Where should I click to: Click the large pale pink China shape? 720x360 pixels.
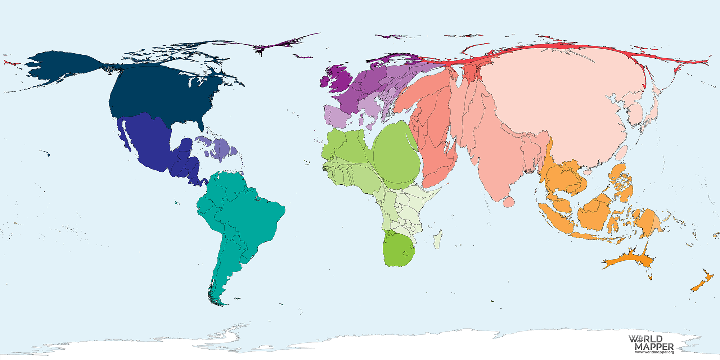562,101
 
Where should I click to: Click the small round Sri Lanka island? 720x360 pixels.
509,202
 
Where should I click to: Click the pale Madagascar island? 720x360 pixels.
438,239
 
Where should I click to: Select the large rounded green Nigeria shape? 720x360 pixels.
396,155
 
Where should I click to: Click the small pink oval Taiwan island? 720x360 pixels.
622,153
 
